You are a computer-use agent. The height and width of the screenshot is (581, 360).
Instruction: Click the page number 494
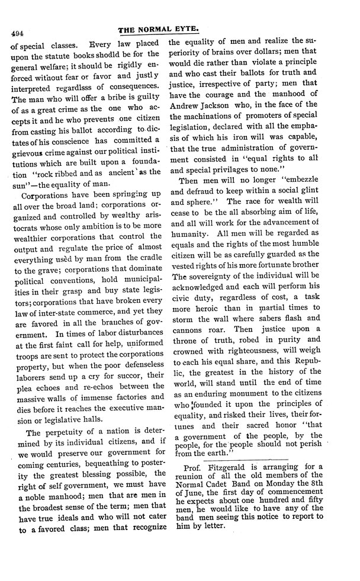point(13,34)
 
